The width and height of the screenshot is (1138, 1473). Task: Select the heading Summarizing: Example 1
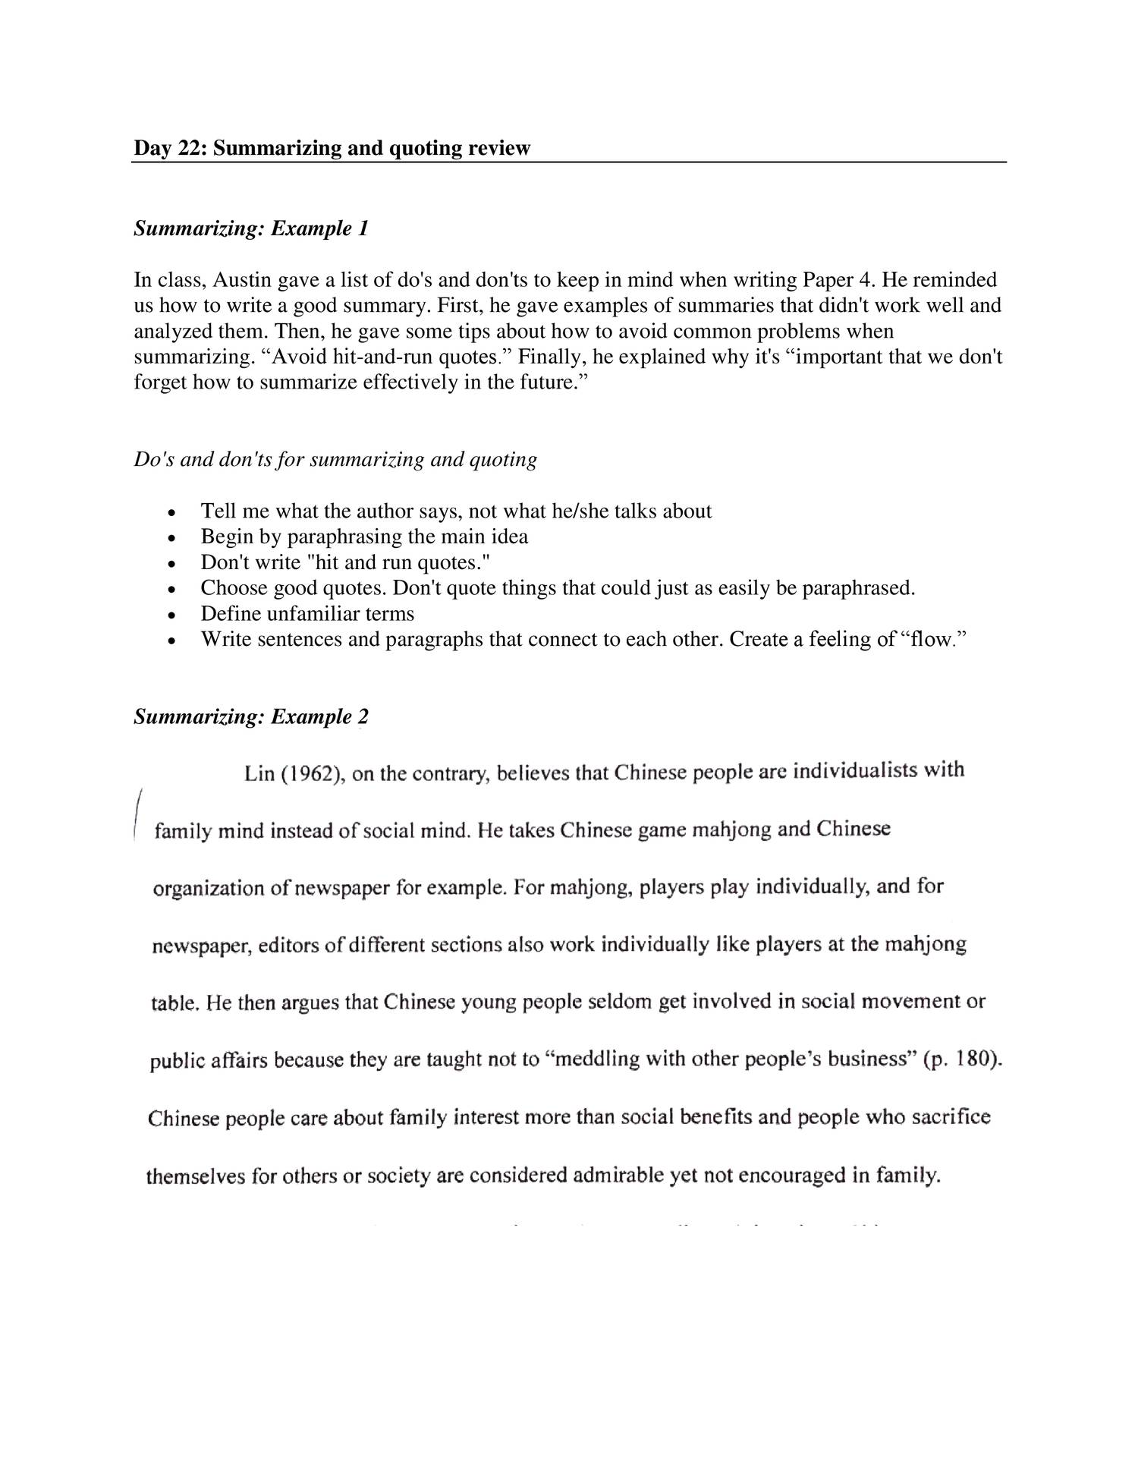pos(251,228)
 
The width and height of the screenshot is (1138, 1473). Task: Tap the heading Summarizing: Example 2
pos(251,717)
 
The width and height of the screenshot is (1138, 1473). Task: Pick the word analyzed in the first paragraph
pos(164,332)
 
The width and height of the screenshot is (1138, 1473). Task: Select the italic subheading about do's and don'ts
pos(335,459)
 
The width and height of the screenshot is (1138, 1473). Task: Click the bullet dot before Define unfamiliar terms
pos(172,615)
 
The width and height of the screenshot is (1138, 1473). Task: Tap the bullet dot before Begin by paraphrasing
pos(172,538)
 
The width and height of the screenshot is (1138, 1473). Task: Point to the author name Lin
pos(258,775)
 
